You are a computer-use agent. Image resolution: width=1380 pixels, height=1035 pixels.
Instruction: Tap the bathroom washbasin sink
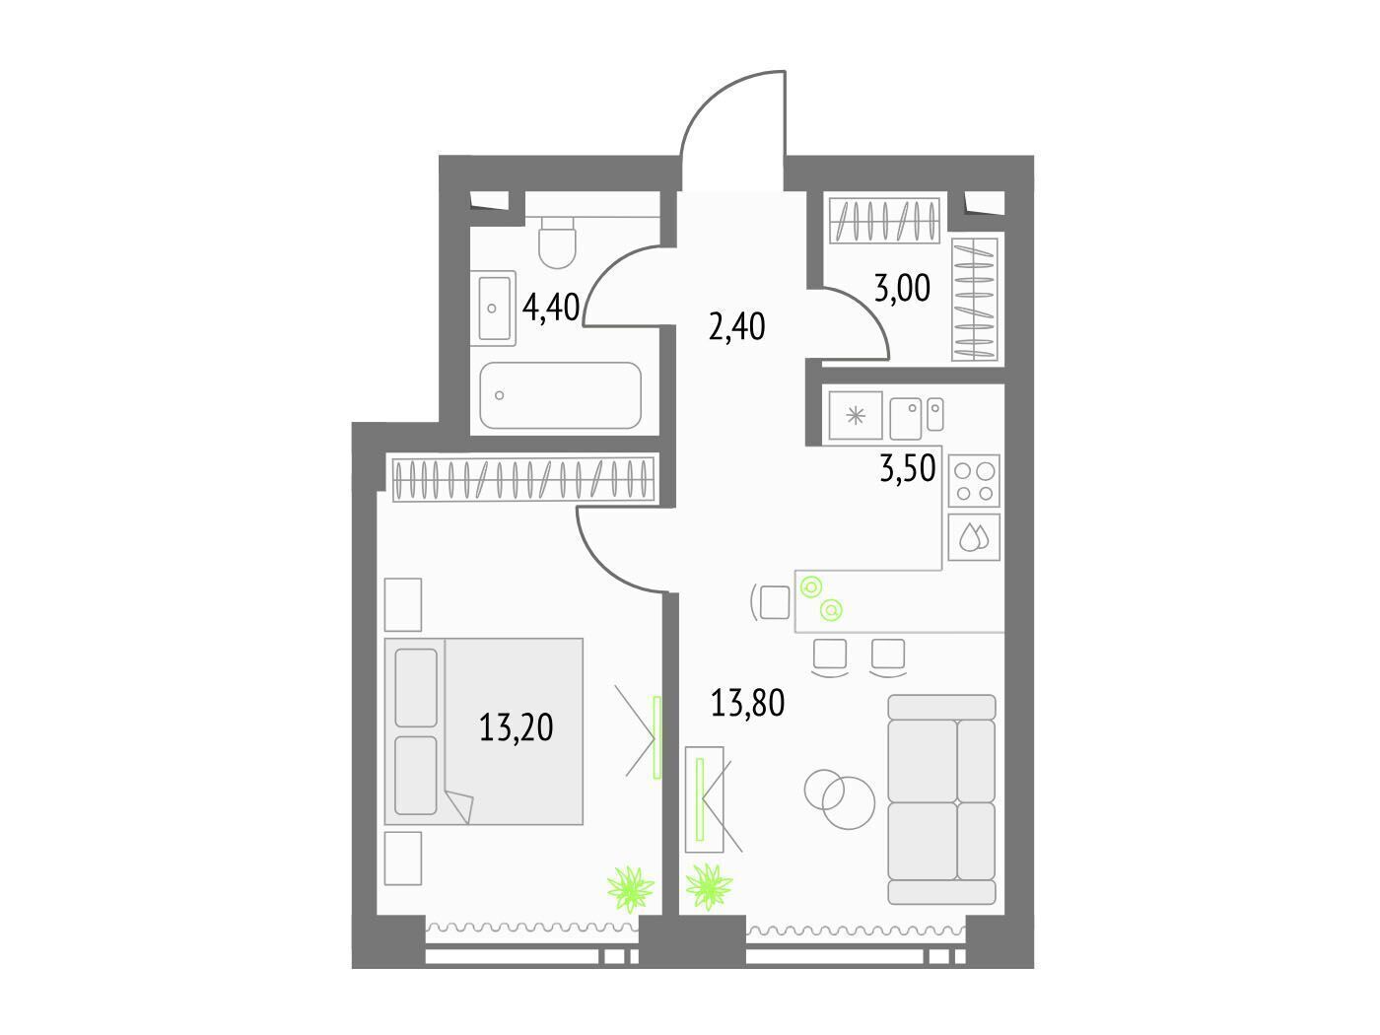pyautogui.click(x=494, y=308)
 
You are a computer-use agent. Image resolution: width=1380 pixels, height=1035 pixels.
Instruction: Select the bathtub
pyautogui.click(x=560, y=395)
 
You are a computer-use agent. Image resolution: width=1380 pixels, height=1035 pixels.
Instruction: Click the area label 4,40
pyautogui.click(x=551, y=308)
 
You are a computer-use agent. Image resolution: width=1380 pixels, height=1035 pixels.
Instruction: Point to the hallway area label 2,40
pyautogui.click(x=736, y=327)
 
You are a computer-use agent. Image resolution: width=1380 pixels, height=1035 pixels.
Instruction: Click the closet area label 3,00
pyautogui.click(x=902, y=289)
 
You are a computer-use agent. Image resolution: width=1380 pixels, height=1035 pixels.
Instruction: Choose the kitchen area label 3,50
pyautogui.click(x=907, y=468)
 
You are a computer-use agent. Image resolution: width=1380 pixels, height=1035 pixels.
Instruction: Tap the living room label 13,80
pyautogui.click(x=747, y=702)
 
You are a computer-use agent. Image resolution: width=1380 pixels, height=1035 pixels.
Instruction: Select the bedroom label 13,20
pyautogui.click(x=517, y=727)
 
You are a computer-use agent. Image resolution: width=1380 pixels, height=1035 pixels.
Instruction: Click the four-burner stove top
pyautogui.click(x=973, y=481)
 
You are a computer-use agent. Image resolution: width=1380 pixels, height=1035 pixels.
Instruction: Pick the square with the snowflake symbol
pyautogui.click(x=855, y=415)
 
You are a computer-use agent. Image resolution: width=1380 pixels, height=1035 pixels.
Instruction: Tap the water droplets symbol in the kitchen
pyautogui.click(x=973, y=536)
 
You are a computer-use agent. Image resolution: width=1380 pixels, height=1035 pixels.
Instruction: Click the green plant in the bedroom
pyautogui.click(x=631, y=889)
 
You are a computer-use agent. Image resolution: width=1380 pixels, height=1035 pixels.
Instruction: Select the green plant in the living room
pyautogui.click(x=709, y=887)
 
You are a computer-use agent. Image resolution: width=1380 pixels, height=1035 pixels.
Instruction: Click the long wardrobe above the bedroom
pyautogui.click(x=523, y=479)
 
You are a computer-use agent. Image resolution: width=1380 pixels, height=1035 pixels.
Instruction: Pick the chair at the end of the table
pyautogui.click(x=772, y=602)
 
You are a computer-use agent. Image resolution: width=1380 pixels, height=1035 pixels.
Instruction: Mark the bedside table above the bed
pyautogui.click(x=402, y=604)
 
